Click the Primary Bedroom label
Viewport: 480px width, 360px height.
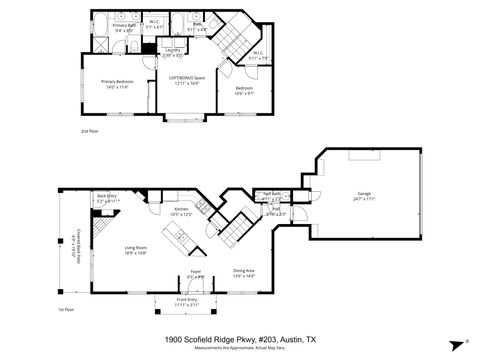(x=119, y=84)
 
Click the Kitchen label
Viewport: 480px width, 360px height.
(x=181, y=210)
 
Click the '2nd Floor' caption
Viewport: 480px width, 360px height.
(x=90, y=131)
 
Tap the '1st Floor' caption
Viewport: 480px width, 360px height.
(x=66, y=310)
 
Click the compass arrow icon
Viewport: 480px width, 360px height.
(x=467, y=343)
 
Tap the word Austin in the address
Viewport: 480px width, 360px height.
(x=290, y=340)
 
